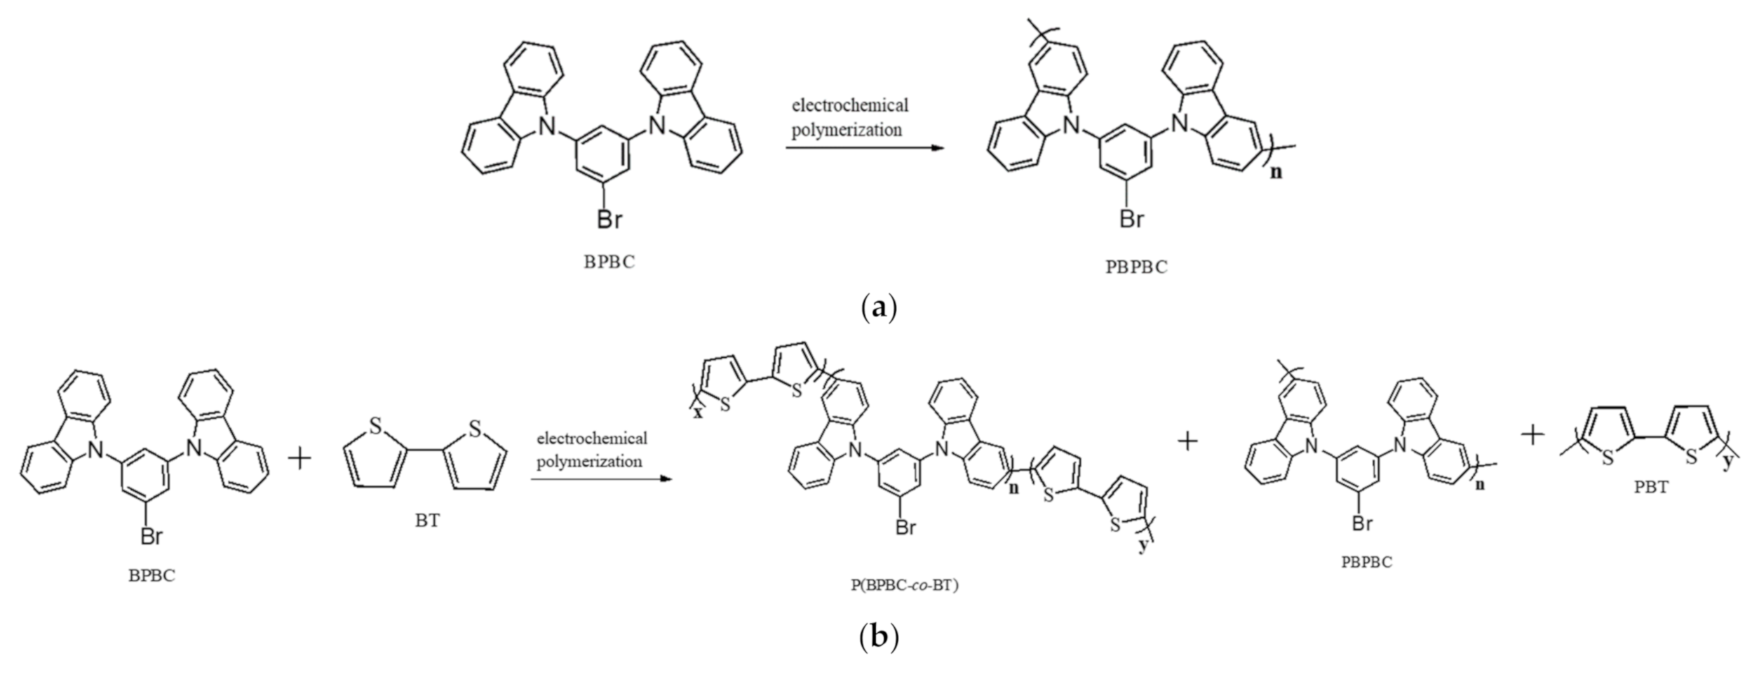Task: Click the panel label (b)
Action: [878, 637]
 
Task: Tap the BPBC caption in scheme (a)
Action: [609, 262]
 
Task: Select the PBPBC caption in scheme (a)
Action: [1137, 267]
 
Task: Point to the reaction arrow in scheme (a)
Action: [862, 149]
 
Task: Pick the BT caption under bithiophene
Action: [427, 522]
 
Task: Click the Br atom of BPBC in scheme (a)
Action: [609, 220]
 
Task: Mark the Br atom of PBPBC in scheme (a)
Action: [1131, 220]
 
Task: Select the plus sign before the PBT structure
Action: [1532, 436]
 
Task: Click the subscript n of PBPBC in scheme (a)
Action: [1276, 171]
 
